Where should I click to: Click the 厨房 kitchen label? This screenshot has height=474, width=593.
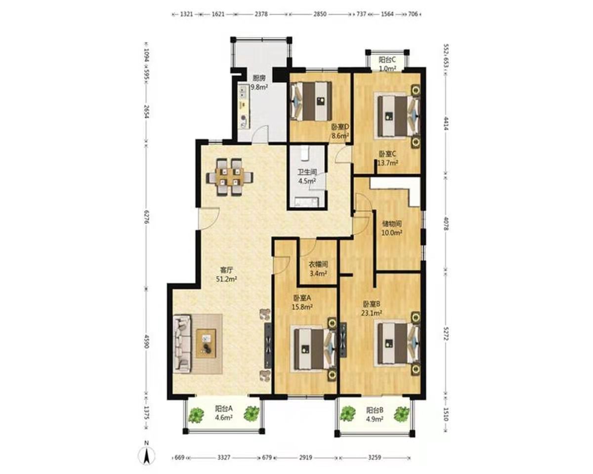(x=259, y=78)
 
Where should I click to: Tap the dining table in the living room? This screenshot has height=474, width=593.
(x=229, y=177)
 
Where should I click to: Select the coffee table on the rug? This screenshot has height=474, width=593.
(x=206, y=344)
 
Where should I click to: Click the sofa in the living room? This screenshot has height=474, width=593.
(x=182, y=344)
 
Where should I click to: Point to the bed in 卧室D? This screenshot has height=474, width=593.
(x=311, y=101)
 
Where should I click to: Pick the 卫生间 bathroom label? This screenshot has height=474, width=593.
(x=307, y=172)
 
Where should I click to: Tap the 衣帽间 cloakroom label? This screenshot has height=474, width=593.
(x=318, y=265)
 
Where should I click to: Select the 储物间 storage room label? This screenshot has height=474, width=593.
(x=392, y=223)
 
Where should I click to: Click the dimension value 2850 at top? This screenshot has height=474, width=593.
(x=320, y=14)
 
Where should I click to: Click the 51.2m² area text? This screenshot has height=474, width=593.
(x=226, y=279)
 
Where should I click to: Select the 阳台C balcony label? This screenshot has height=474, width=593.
(x=387, y=59)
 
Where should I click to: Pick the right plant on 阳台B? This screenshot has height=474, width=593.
(x=402, y=414)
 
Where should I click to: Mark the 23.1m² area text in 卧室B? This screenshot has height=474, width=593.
(x=372, y=313)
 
